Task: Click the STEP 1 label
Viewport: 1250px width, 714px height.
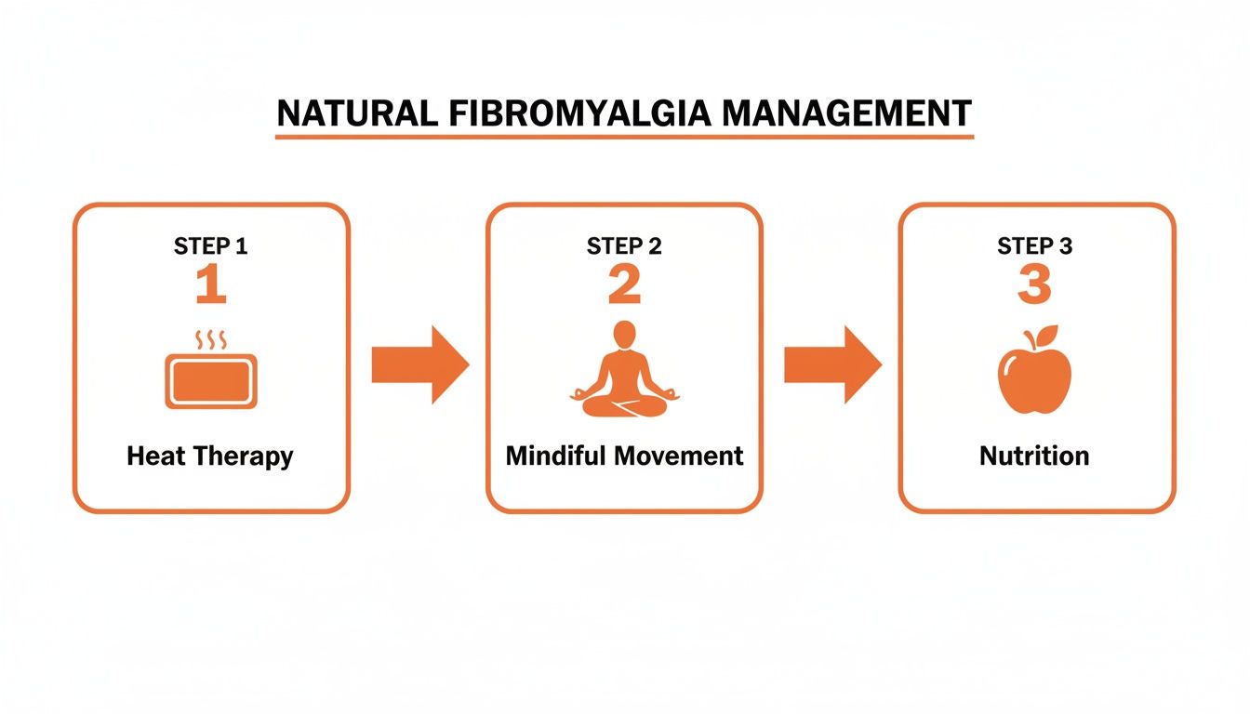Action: tap(211, 246)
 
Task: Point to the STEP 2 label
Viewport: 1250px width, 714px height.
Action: tap(624, 246)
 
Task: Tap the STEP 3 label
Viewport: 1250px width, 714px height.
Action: tap(1035, 246)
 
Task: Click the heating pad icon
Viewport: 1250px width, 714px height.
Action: tap(211, 381)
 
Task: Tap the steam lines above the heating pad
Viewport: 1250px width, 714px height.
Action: tap(211, 339)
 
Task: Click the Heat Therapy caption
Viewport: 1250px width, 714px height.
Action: tap(210, 456)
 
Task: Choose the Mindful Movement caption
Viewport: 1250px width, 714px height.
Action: tap(624, 456)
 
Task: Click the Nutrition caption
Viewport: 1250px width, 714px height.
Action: tap(1034, 456)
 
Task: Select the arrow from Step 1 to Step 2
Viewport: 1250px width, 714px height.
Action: tap(419, 364)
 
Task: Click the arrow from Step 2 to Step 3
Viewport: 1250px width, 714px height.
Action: tap(831, 364)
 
